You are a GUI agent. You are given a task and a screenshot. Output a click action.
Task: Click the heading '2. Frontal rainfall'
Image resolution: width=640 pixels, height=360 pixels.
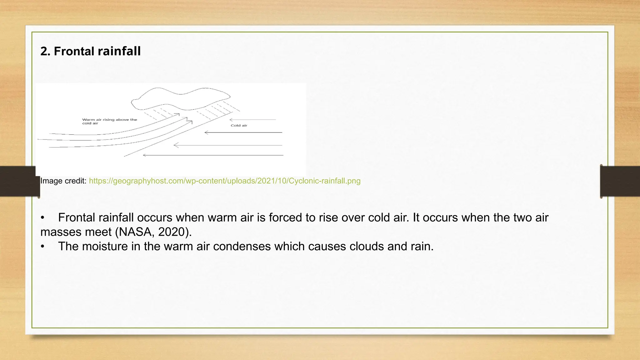tap(91, 51)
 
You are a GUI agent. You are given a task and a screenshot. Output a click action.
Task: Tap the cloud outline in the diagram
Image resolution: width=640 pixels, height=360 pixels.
tap(180, 94)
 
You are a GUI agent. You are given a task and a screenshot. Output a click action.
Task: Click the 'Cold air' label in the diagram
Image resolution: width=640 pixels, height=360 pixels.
tap(239, 126)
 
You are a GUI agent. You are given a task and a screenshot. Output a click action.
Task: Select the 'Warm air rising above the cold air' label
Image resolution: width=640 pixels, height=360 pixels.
tap(109, 121)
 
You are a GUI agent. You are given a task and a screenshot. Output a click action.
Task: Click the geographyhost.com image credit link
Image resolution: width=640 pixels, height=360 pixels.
tap(224, 181)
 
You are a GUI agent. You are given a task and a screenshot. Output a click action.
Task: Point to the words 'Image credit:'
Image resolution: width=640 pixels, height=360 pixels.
tap(63, 181)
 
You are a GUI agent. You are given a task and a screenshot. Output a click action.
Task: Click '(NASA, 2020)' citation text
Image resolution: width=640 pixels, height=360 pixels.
tap(153, 232)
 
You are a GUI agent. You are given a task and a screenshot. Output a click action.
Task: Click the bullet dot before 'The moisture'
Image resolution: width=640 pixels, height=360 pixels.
tap(43, 247)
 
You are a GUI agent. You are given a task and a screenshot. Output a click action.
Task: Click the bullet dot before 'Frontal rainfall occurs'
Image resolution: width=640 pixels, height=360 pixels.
tap(43, 218)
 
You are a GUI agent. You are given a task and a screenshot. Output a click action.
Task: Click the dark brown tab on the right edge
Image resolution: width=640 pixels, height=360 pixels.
tap(620, 181)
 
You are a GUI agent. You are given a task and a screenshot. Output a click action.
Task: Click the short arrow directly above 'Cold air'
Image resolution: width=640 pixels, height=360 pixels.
tap(252, 120)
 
